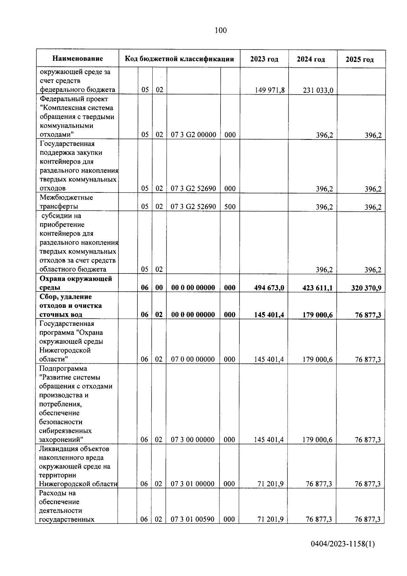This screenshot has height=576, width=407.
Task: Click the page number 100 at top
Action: point(220,31)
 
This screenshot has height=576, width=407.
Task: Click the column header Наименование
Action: point(78,59)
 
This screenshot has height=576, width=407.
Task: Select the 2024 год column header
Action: point(311,59)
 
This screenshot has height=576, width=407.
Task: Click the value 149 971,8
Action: point(270,90)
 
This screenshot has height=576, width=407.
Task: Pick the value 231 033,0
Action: point(318,90)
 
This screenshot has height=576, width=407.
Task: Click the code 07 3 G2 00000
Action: point(193,135)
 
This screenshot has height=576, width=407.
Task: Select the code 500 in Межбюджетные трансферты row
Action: point(230,207)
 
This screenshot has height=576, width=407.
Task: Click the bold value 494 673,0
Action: point(269,288)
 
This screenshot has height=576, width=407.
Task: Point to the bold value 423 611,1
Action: point(317,288)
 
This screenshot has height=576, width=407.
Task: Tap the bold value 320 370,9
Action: point(366,288)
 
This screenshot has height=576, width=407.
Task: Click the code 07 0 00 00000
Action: point(193,359)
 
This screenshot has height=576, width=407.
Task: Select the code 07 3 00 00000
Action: point(193,440)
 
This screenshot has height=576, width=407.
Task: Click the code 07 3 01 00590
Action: point(192,519)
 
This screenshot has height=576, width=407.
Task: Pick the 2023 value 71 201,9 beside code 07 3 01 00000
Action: point(270,484)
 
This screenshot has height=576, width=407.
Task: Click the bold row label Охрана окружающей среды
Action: point(75,283)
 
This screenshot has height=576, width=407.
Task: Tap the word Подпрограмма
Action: point(63,368)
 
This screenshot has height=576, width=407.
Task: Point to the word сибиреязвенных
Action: point(65,431)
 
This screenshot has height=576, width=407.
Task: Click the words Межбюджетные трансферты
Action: point(66,202)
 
